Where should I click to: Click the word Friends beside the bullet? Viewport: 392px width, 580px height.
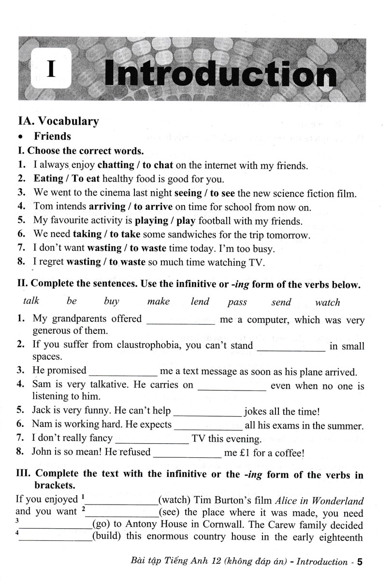pos(52,136)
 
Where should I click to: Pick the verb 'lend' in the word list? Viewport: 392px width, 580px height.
pos(200,302)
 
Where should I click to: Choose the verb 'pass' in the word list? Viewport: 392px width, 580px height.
pos(237,302)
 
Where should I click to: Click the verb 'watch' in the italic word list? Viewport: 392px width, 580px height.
pos(327,303)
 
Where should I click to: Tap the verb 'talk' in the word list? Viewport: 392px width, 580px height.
pos(31,301)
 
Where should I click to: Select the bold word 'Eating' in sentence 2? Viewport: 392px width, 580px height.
pos(48,178)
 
